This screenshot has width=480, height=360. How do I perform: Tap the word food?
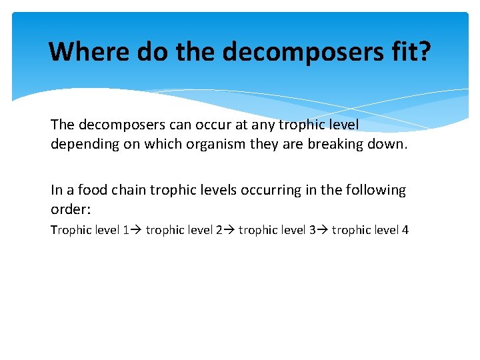click(x=91, y=190)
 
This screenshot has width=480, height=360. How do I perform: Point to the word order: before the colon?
click(x=69, y=209)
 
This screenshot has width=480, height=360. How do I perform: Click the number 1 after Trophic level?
click(x=126, y=230)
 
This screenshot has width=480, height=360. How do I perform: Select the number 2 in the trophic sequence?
click(x=219, y=230)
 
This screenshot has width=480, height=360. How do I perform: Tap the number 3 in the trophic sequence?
click(x=312, y=230)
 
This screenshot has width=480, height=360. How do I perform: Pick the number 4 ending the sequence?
click(x=405, y=230)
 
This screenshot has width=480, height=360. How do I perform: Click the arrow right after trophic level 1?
click(x=136, y=230)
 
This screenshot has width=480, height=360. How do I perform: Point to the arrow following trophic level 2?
click(x=229, y=230)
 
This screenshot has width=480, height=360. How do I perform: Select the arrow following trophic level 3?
click(x=322, y=230)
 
